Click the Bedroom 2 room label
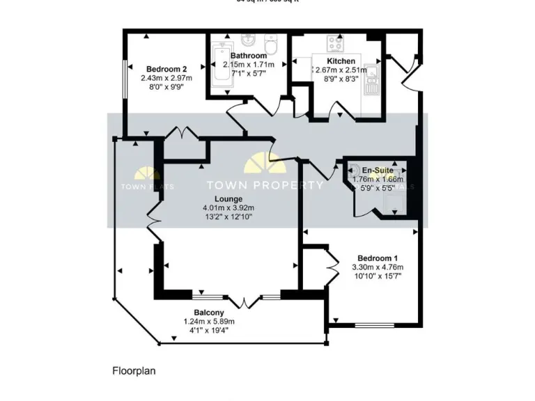tap(166, 69)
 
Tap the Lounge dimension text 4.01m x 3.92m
tap(228, 207)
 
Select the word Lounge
tap(228, 198)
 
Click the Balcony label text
tap(209, 312)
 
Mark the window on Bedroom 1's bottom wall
tap(375, 324)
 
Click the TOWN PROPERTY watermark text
tap(265, 186)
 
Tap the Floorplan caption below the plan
tap(134, 371)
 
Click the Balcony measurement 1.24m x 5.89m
tap(209, 321)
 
